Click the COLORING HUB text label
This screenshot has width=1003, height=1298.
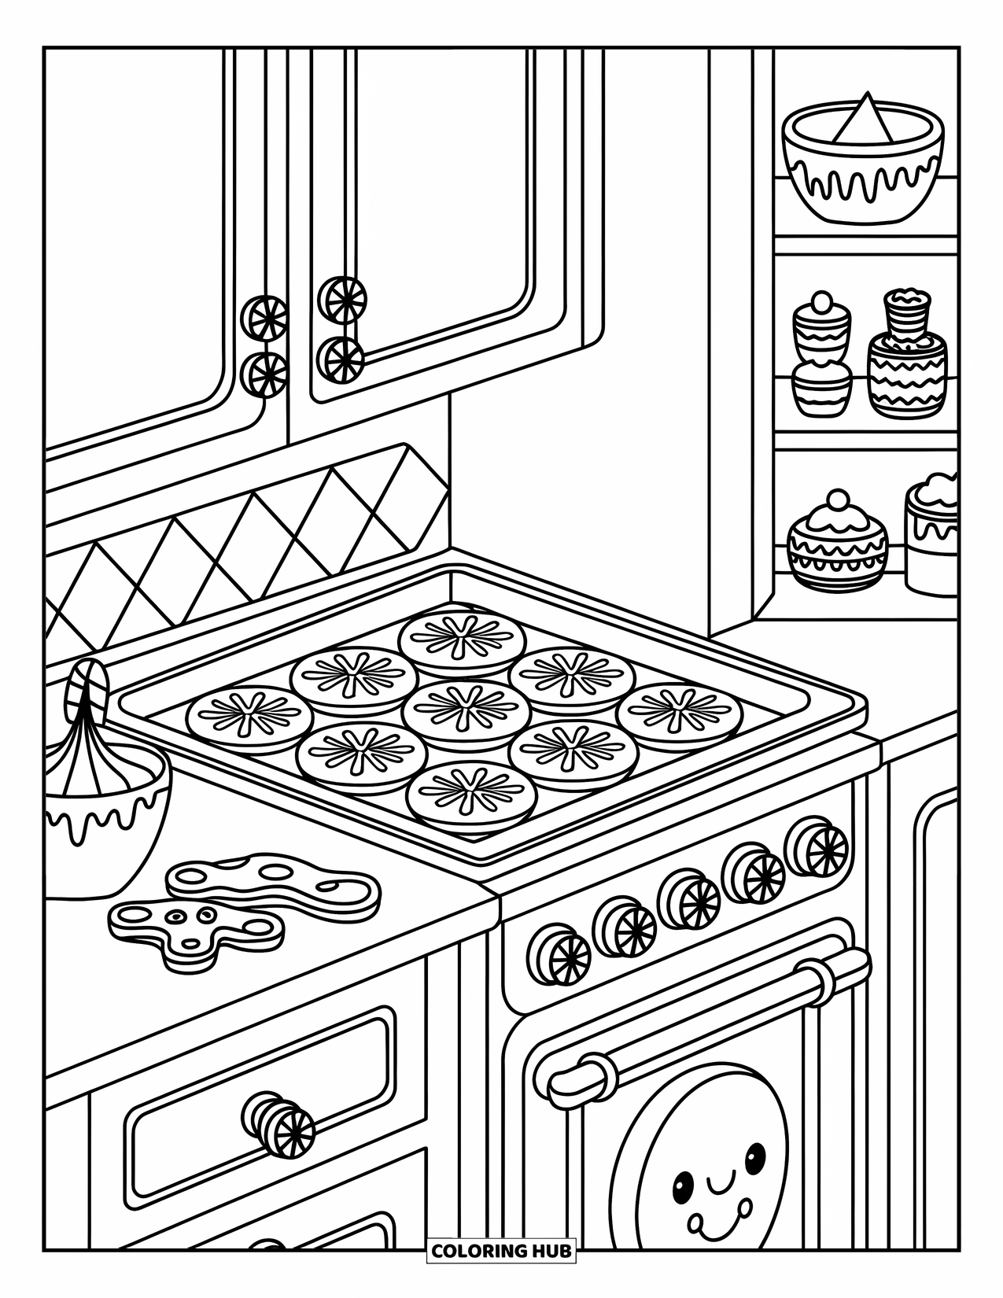click(501, 1250)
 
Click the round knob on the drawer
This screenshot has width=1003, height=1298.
click(278, 1123)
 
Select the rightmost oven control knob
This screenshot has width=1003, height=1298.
click(819, 847)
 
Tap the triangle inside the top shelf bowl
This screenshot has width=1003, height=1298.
click(864, 122)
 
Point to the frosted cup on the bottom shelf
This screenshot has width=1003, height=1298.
click(932, 535)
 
